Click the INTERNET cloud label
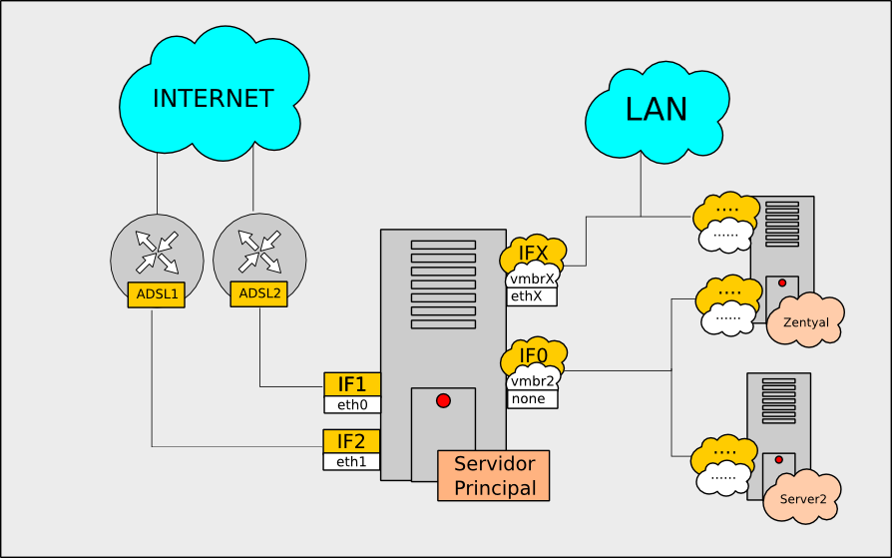[x=213, y=98]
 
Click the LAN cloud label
[x=656, y=109]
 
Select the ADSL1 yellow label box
[x=157, y=294]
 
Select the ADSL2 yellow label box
[x=259, y=293]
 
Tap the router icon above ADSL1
[x=157, y=253]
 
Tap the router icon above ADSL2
[x=259, y=252]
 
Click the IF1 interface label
[x=352, y=384]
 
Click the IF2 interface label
[x=352, y=441]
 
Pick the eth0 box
[x=352, y=405]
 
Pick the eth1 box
[x=352, y=462]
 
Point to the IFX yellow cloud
[x=534, y=254]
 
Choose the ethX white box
[x=532, y=296]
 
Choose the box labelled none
[x=532, y=399]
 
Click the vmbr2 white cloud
[x=533, y=380]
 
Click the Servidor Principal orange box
[x=493, y=476]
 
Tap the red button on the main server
[x=443, y=400]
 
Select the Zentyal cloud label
[x=806, y=322]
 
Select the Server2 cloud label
[x=803, y=498]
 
